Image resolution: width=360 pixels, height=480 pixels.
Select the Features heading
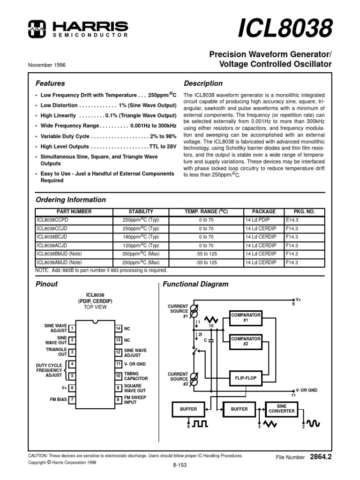[x=51, y=83]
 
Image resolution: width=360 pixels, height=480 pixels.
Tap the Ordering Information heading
[x=71, y=200]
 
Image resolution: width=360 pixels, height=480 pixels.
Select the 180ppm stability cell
[x=141, y=237]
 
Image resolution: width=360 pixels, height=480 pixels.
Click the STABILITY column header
[x=141, y=211]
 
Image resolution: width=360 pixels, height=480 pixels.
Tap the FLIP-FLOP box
[x=246, y=377]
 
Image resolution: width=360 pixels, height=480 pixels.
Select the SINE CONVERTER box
[x=282, y=408]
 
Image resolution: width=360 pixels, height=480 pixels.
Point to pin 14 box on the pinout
[x=119, y=329]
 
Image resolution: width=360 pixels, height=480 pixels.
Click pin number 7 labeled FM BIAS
[x=72, y=399]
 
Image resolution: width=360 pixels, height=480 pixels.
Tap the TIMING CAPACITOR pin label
[x=135, y=376]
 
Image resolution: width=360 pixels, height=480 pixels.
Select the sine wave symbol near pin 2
[x=313, y=424]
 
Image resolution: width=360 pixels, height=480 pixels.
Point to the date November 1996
[x=47, y=65]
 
